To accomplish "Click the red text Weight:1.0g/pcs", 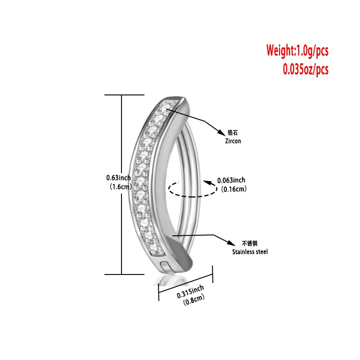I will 297,50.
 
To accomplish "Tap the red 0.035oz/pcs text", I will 305,69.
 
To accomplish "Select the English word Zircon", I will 233,141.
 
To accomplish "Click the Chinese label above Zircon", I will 233,133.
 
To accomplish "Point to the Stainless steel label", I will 250,252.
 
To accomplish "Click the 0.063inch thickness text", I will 231,180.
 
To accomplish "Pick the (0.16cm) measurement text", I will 232,189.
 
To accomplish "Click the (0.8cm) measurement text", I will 194,299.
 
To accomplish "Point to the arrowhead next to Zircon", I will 221,133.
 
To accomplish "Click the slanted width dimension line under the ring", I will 185,282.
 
